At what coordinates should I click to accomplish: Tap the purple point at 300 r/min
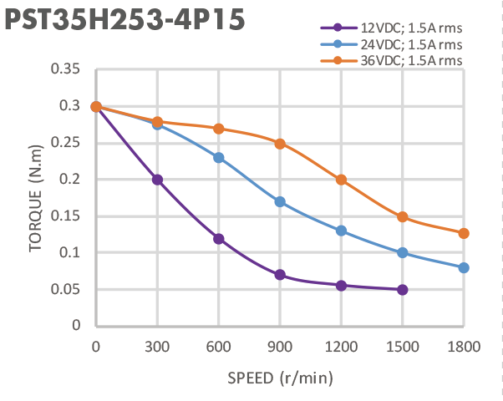pyautogui.click(x=157, y=180)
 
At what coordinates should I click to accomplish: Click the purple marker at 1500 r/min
pyautogui.click(x=403, y=290)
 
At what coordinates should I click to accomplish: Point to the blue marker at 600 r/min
pyautogui.click(x=219, y=158)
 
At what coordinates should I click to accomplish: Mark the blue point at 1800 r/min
pyautogui.click(x=464, y=267)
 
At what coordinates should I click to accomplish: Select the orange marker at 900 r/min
pyautogui.click(x=280, y=143)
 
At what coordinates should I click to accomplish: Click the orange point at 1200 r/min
pyautogui.click(x=341, y=180)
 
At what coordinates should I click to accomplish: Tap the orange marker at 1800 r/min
pyautogui.click(x=464, y=233)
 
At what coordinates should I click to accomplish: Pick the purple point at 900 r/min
pyautogui.click(x=280, y=275)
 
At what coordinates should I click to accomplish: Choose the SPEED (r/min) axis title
pyautogui.click(x=280, y=378)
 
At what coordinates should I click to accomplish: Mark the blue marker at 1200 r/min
pyautogui.click(x=341, y=231)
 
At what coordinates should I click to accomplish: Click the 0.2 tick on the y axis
pyautogui.click(x=69, y=180)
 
